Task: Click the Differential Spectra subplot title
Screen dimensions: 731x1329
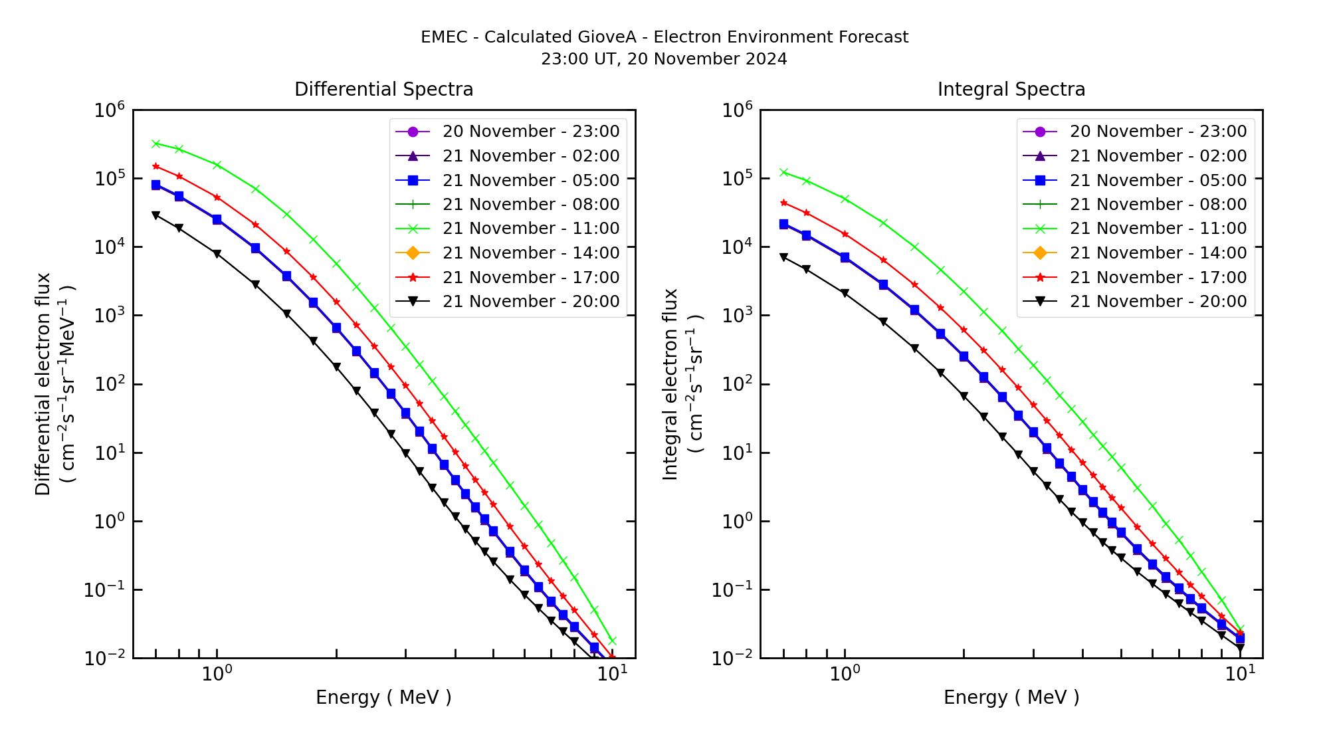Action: tap(384, 89)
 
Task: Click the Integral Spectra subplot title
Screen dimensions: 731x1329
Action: tap(1011, 89)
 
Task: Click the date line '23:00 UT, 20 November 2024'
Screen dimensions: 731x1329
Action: tap(664, 59)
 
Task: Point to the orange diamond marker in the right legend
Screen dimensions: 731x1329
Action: tap(1040, 253)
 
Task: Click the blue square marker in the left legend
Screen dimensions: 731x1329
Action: tap(413, 180)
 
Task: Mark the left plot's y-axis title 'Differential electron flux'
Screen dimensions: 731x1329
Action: tap(44, 384)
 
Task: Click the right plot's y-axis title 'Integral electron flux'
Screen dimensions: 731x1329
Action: tap(671, 384)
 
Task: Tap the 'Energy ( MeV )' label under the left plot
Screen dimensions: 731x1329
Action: tap(383, 697)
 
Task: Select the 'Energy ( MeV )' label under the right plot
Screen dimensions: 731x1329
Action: tap(1011, 697)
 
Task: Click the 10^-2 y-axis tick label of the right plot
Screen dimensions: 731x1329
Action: tap(734, 658)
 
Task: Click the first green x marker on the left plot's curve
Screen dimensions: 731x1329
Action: tap(155, 144)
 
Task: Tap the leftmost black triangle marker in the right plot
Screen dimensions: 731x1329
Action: tap(783, 257)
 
